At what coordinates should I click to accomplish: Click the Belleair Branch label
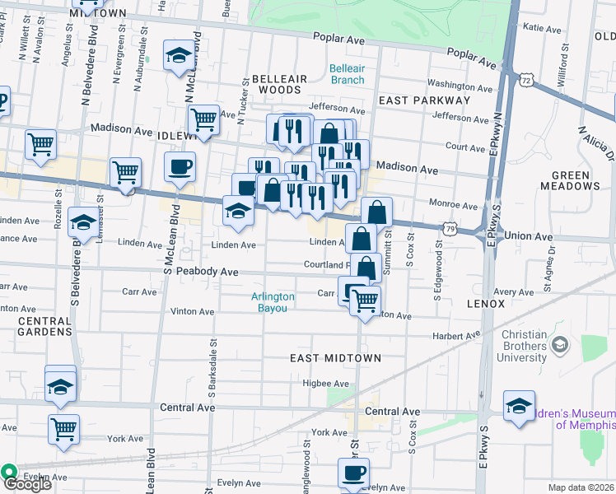click(x=347, y=74)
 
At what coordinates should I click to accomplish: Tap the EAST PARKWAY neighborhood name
click(x=423, y=100)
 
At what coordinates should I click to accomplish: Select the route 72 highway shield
click(x=527, y=77)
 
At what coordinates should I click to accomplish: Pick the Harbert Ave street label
click(x=457, y=336)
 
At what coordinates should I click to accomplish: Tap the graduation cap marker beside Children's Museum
click(x=519, y=407)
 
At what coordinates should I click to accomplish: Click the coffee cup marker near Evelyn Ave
click(x=353, y=473)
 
